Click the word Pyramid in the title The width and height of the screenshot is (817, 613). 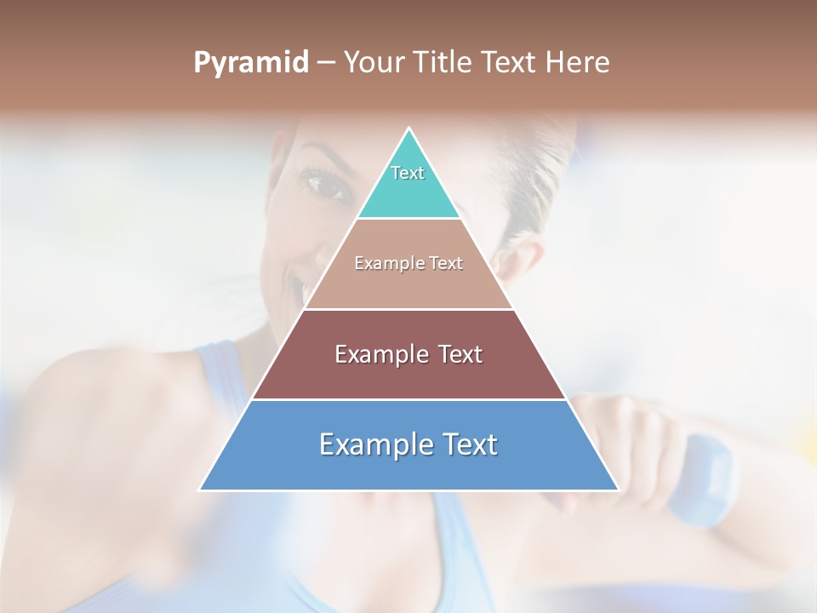coord(251,63)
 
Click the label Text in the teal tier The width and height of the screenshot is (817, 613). coord(408,173)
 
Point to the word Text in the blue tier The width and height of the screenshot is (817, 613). coord(467,444)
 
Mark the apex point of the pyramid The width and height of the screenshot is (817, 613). coord(409,129)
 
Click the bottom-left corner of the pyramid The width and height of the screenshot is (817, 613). coord(200,490)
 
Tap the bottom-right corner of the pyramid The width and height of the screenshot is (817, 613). coord(619,490)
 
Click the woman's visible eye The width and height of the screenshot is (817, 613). coord(324,182)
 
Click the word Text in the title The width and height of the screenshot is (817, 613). coord(515,63)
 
